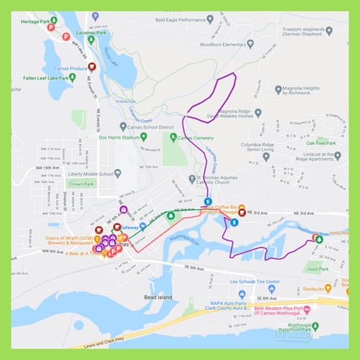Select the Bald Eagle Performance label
180,19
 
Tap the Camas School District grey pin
123,127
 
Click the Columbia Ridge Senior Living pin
266,156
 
